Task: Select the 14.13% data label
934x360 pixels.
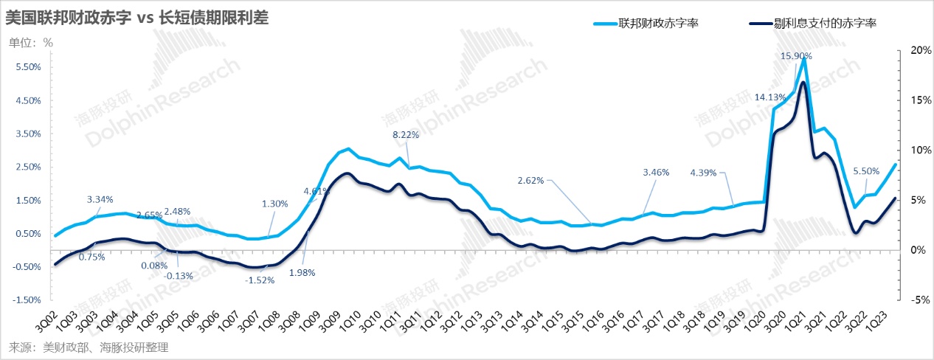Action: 769,97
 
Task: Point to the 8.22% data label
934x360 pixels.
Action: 406,134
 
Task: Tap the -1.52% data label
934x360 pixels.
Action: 259,280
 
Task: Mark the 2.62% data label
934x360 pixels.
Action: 530,180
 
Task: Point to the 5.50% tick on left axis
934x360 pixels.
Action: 27,67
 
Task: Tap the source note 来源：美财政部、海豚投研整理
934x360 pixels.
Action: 88,347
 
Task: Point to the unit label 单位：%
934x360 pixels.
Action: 31,42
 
